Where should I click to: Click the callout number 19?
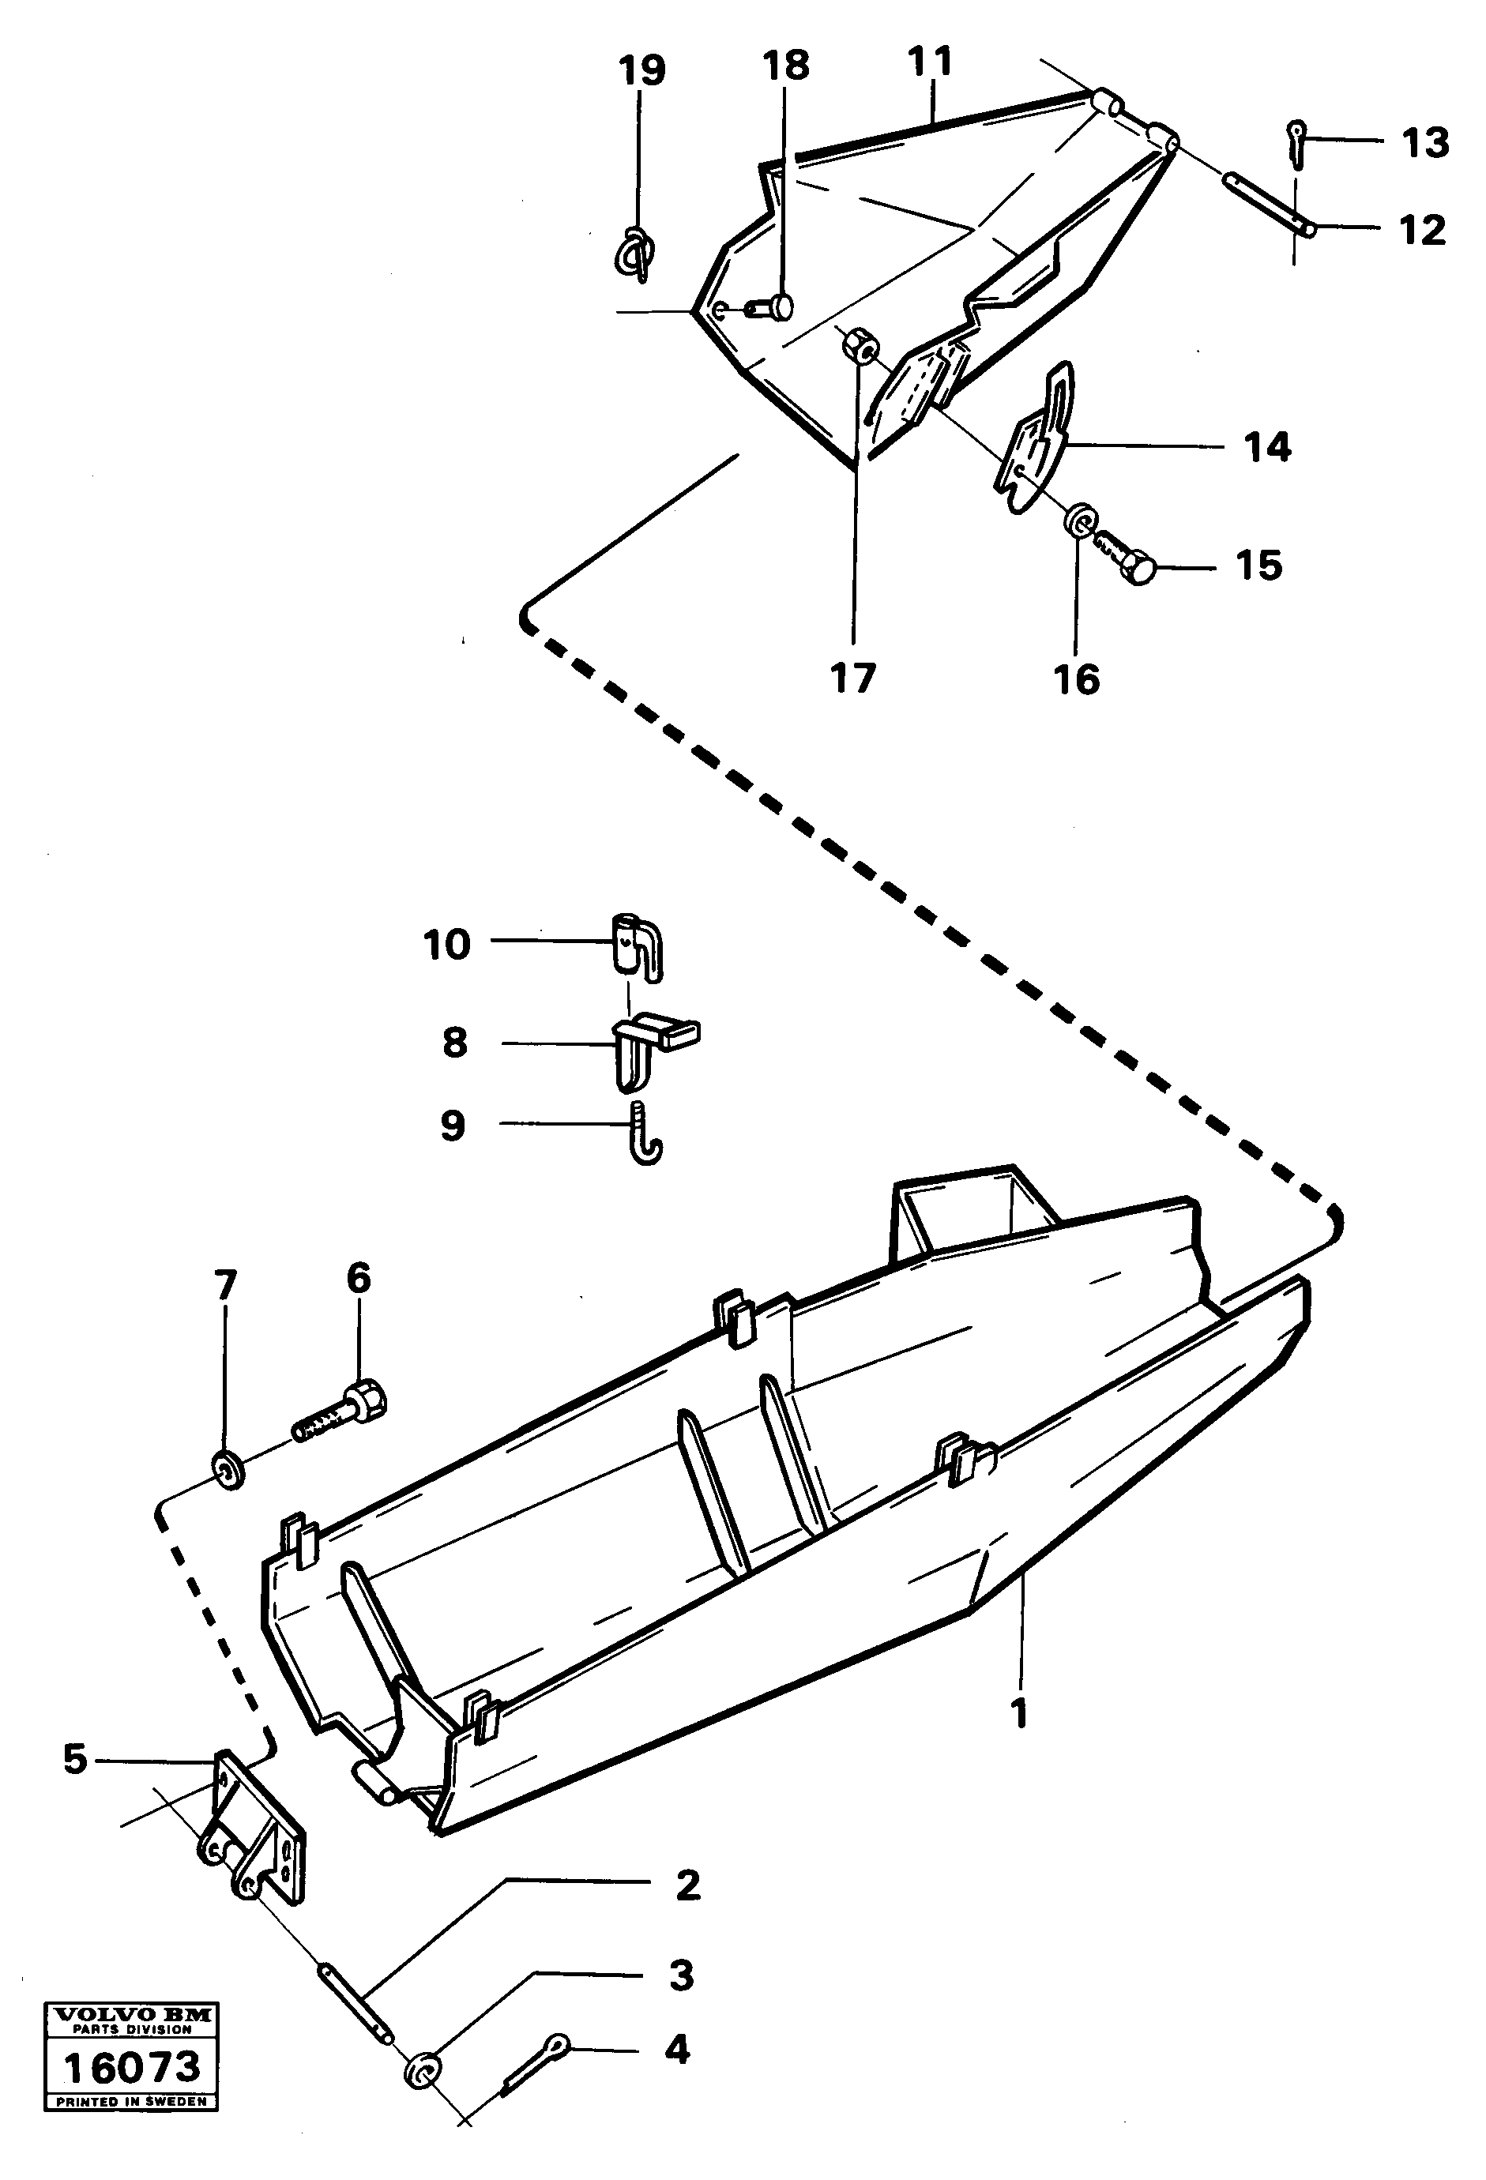(x=641, y=70)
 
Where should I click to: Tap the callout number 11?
(x=930, y=62)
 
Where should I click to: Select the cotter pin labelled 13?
(x=1296, y=143)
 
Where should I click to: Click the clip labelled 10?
(x=638, y=947)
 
